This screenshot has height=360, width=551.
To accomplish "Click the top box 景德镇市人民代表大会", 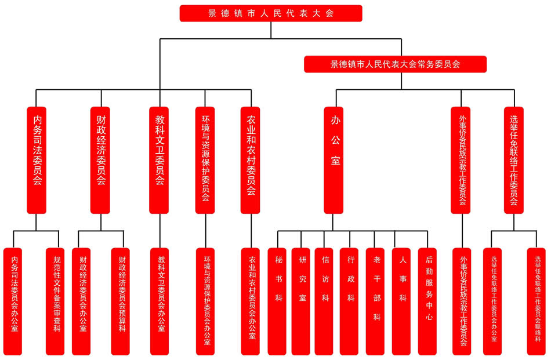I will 271,13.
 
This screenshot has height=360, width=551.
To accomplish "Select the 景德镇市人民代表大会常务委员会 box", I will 395,64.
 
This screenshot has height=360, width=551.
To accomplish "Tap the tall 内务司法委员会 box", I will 37,159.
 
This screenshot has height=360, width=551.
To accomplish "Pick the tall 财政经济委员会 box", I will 100,159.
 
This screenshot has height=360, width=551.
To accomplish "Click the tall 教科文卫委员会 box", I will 159,159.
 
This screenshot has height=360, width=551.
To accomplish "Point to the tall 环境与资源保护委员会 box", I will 205,159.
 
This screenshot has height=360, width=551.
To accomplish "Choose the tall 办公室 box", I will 333,159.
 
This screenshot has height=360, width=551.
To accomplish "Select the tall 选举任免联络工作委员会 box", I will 513,159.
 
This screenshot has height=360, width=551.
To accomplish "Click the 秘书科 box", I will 277,301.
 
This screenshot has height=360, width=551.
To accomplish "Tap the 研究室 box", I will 301,301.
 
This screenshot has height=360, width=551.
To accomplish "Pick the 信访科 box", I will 324,301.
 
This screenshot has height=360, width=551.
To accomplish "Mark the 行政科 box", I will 349,301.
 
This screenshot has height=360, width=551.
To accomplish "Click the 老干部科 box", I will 375,301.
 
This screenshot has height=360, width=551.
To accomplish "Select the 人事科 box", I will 401,301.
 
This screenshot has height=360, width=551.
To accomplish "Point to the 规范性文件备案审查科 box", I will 55,301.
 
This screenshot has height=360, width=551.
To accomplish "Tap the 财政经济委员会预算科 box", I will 121,301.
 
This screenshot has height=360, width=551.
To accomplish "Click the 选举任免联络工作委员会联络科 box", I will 536,301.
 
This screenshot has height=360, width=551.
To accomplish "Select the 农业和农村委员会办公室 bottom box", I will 251,301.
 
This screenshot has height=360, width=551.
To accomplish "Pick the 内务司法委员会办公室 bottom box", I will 13,301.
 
